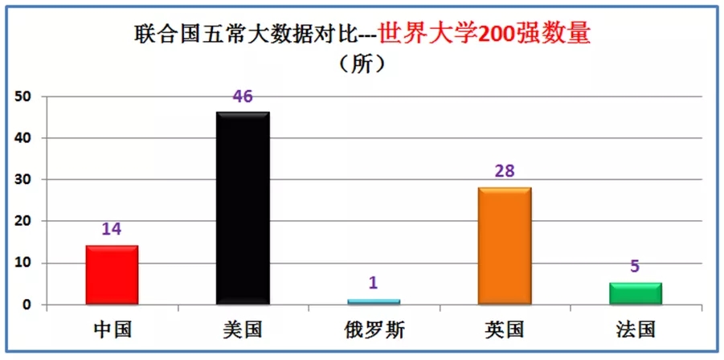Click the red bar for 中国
112,275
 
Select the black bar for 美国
243,209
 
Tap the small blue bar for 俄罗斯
374,301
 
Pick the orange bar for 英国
505,246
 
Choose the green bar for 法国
635,293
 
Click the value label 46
243,97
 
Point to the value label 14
112,230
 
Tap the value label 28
505,172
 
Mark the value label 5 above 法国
635,267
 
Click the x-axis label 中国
112,329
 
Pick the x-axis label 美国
243,329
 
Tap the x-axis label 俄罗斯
374,329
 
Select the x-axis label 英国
505,329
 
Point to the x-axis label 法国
635,329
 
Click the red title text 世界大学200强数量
484,34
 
